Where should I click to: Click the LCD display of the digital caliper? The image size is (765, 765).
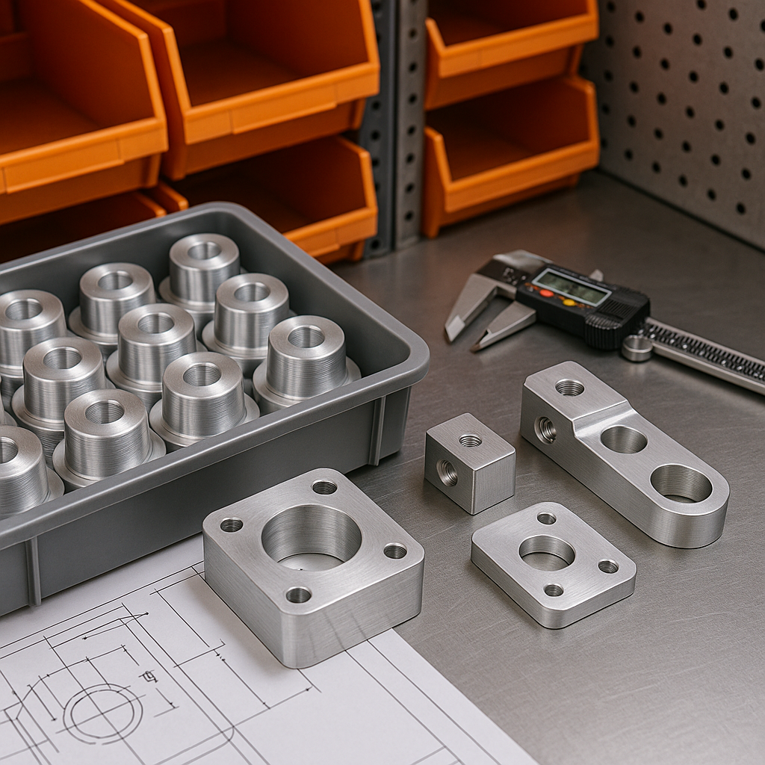[x=571, y=286]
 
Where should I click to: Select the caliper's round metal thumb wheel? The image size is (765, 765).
[x=637, y=347]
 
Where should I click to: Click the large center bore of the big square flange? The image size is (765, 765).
[x=311, y=536]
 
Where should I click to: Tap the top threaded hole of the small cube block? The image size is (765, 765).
[x=470, y=441]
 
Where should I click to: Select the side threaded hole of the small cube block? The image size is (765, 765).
[x=447, y=473]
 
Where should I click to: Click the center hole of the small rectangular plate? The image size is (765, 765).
[x=546, y=552]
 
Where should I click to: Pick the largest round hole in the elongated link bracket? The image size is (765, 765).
[x=681, y=483]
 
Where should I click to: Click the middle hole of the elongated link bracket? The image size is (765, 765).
[x=623, y=439]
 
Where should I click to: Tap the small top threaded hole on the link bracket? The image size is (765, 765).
[x=569, y=387]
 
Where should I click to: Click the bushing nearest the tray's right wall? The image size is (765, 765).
[x=306, y=358]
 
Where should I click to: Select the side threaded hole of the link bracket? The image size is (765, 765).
[x=545, y=429]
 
